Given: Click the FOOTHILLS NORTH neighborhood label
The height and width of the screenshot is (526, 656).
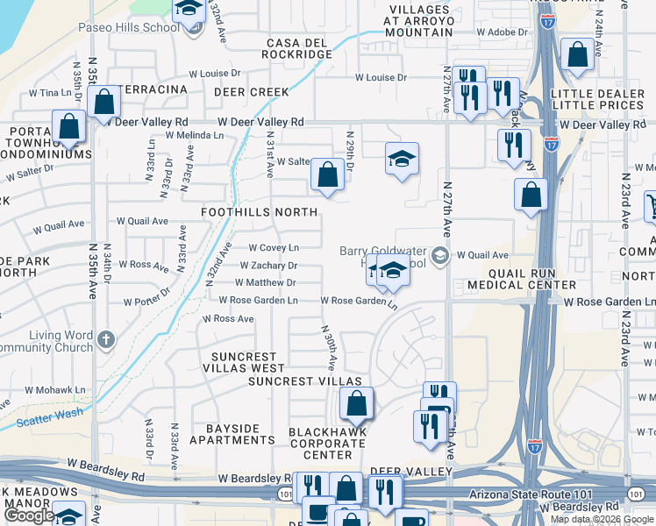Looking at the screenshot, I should click(259, 212).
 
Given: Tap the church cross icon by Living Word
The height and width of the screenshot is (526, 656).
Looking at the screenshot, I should click(105, 338).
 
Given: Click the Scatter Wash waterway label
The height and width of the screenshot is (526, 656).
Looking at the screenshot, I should click(49, 417).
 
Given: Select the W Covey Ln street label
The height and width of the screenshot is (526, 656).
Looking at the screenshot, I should click(274, 248).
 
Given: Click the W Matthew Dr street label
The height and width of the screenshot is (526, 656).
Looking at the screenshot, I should click(265, 283).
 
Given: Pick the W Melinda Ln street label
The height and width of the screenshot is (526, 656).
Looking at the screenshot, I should click(192, 136).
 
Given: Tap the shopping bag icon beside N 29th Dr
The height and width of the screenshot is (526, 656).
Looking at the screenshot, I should click(327, 174).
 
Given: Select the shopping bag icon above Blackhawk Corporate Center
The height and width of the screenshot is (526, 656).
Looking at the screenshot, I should click(356, 404).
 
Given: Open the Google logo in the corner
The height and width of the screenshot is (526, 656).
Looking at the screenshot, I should click(29, 516).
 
